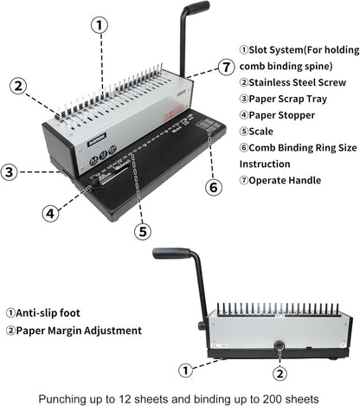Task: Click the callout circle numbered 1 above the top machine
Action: (x=100, y=25)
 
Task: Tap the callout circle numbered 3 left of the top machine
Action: (x=9, y=171)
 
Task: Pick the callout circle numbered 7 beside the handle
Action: (x=226, y=66)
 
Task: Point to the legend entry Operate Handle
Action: (x=288, y=179)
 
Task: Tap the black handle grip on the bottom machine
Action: (x=171, y=253)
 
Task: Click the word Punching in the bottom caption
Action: (x=78, y=396)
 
